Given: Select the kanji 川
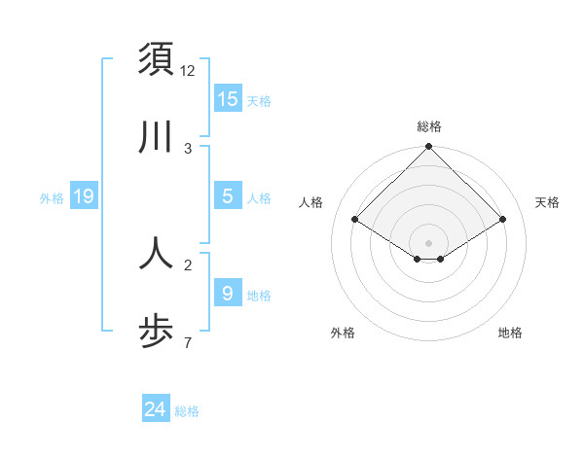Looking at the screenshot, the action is [156, 138].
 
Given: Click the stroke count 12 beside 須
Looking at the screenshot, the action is [188, 70].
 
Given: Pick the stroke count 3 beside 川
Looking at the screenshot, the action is [188, 148].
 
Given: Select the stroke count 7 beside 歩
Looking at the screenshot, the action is [188, 342].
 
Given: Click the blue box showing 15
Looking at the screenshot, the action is [228, 99].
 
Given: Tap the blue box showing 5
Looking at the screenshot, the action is [228, 196].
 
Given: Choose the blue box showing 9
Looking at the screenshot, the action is [228, 293].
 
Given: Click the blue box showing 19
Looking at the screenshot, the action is [84, 196].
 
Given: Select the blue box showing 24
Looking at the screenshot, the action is [156, 409].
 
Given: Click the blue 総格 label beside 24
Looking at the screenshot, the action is [187, 411].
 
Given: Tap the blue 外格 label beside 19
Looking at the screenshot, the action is [52, 198].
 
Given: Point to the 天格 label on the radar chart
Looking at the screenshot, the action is [547, 202].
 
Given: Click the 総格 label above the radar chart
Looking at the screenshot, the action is [429, 126].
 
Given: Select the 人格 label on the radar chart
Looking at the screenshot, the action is [311, 202].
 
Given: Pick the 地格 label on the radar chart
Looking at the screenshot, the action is [510, 333].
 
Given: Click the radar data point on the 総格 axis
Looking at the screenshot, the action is [429, 148].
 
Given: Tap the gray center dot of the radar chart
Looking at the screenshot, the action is [429, 242].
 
